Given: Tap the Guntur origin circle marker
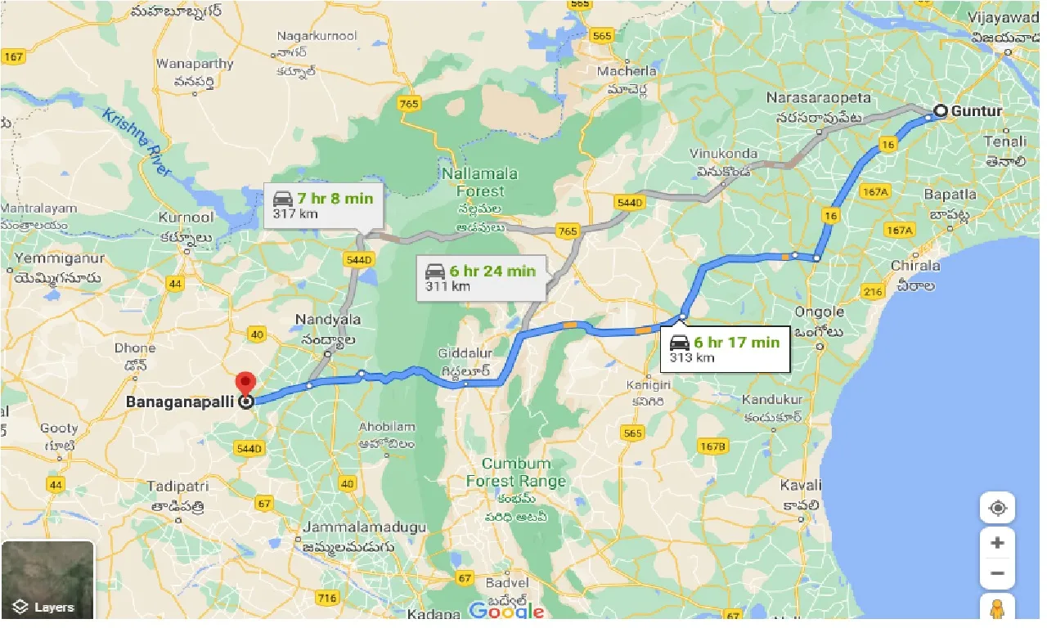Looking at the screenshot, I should pos(941,111).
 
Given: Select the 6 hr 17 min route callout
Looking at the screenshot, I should pos(724,348).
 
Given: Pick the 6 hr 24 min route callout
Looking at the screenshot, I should pos(480,278).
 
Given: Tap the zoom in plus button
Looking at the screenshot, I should pos(997,543).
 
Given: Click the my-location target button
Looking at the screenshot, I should pos(997,508).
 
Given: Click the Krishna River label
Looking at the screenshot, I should pos(137,141).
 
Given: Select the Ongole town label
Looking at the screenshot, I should pos(819,312).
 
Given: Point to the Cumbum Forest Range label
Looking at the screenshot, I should pos(515,473).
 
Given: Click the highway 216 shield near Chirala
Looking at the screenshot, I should pos(872,292).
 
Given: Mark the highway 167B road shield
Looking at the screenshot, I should pos(712,446).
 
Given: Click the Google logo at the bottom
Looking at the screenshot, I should pos(507,611).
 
